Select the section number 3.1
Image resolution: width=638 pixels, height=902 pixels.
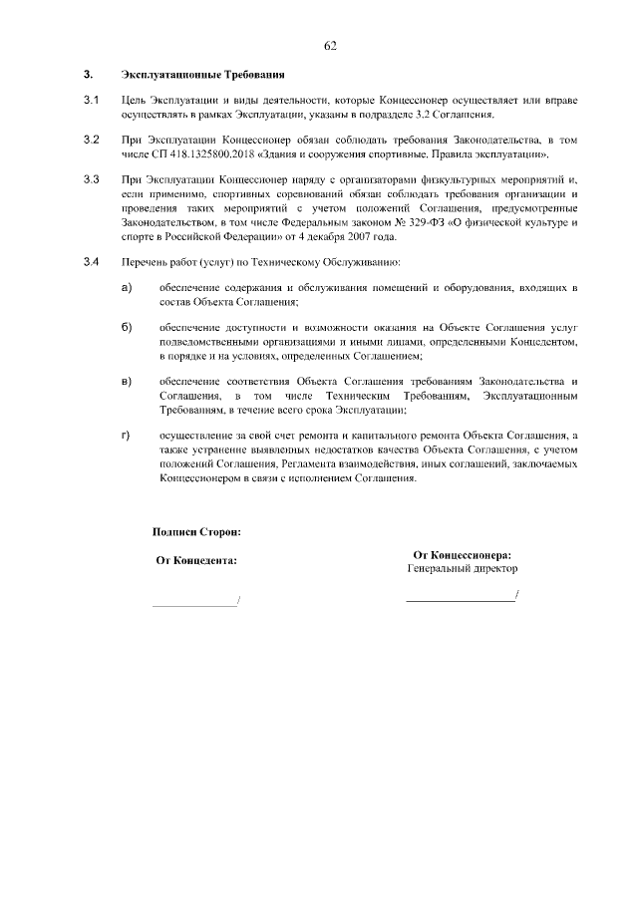91,102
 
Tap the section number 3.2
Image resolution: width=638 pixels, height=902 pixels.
91,142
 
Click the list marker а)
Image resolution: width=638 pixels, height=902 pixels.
127,288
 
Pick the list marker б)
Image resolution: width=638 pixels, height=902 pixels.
127,328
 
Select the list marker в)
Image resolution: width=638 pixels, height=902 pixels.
127,382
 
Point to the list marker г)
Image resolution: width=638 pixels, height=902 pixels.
127,436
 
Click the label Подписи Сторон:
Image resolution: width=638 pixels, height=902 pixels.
196,533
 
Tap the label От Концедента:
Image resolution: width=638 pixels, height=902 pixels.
196,560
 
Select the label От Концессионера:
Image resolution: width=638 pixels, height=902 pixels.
462,555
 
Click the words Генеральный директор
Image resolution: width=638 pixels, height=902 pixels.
462,568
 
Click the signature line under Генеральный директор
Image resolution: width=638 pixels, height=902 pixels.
461,599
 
